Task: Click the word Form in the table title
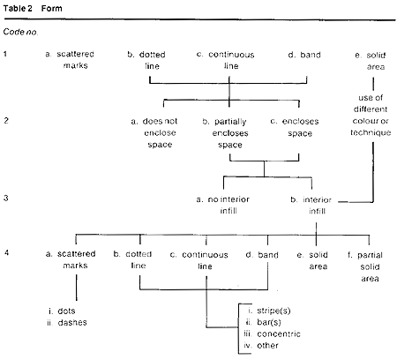tap(52, 8)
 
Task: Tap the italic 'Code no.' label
tap(20, 32)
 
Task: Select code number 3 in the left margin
tap(6, 198)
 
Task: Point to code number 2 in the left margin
tap(6, 120)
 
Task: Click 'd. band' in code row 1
tap(304, 55)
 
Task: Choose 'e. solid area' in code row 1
tap(371, 61)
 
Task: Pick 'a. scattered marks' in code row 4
tap(71, 259)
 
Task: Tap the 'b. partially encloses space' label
tap(226, 133)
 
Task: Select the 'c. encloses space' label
tap(295, 127)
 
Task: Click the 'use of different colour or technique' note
tap(371, 115)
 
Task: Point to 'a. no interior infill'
tap(223, 205)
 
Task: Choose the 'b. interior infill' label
tap(311, 206)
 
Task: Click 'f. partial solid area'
tap(365, 266)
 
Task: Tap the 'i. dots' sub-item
tap(62, 311)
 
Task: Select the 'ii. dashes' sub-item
tap(67, 323)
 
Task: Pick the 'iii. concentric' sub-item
tap(273, 334)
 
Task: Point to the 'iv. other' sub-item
tap(261, 345)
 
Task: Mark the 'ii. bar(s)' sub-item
tap(264, 322)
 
